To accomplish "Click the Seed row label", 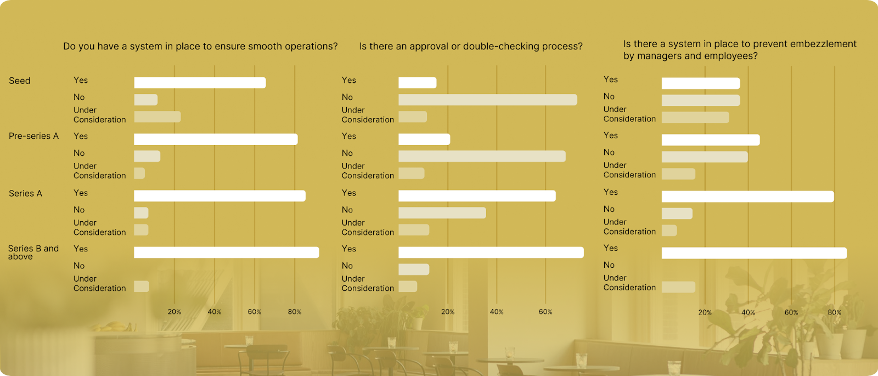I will point(20,81).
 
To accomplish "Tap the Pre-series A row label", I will point(33,136).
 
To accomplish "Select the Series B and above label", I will point(33,252).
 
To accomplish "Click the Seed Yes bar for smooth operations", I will point(200,83).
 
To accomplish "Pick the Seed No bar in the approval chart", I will point(487,100).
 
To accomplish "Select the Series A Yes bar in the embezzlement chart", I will point(747,197).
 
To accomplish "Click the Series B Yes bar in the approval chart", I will point(491,252).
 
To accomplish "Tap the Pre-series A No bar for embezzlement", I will point(705,157).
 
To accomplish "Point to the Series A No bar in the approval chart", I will point(442,213).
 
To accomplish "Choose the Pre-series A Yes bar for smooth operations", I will point(216,139).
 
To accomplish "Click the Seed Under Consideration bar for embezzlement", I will point(695,117).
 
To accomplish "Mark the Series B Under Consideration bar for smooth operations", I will point(142,287).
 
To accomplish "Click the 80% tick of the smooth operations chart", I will point(295,312).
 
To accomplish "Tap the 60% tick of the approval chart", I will point(545,312).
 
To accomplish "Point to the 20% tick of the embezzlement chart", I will point(705,312).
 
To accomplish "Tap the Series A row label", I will point(25,193).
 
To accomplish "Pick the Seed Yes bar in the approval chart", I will point(417,83).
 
